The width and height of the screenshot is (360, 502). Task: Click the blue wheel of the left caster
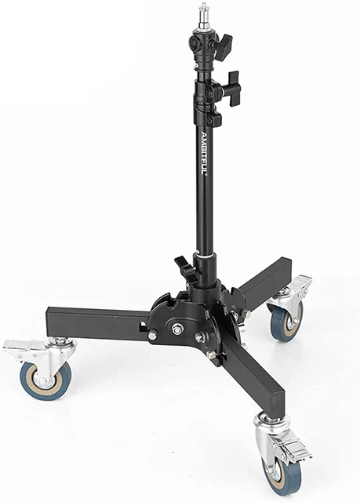click(45, 380)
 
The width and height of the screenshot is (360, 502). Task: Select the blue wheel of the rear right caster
click(287, 321)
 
